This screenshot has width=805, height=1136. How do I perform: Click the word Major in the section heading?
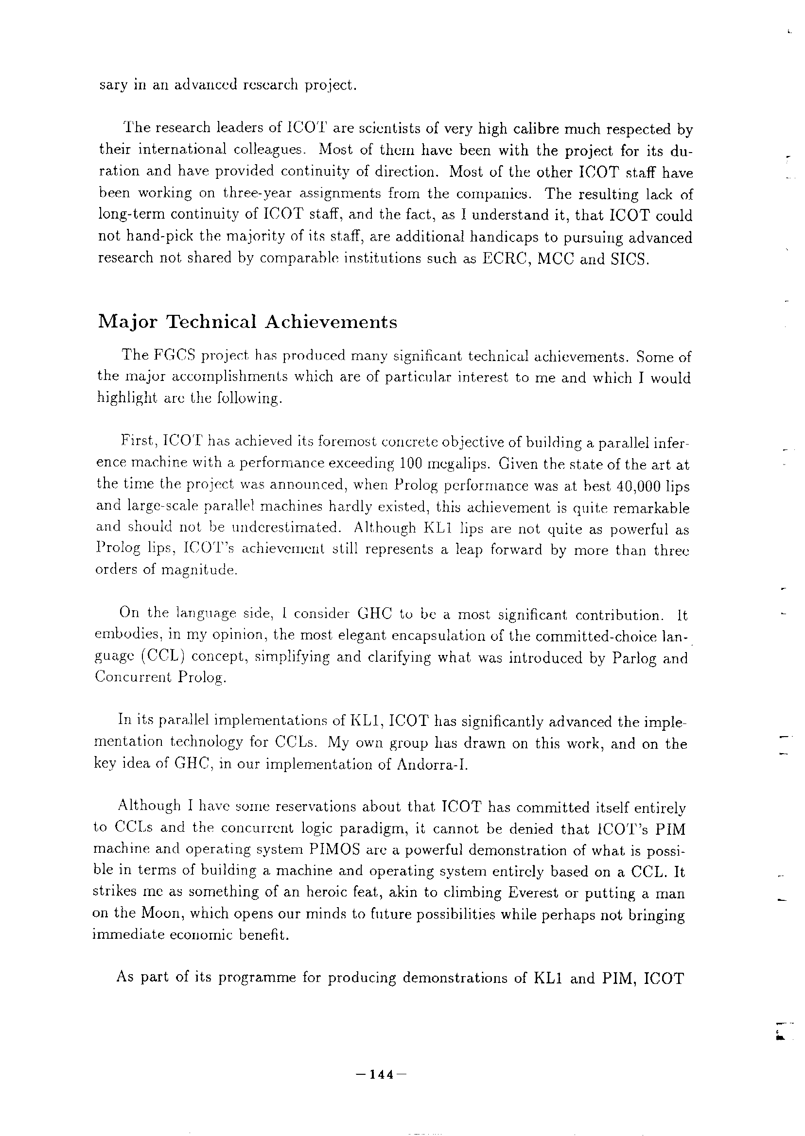127,323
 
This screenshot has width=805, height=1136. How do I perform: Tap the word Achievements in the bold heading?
331,322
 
